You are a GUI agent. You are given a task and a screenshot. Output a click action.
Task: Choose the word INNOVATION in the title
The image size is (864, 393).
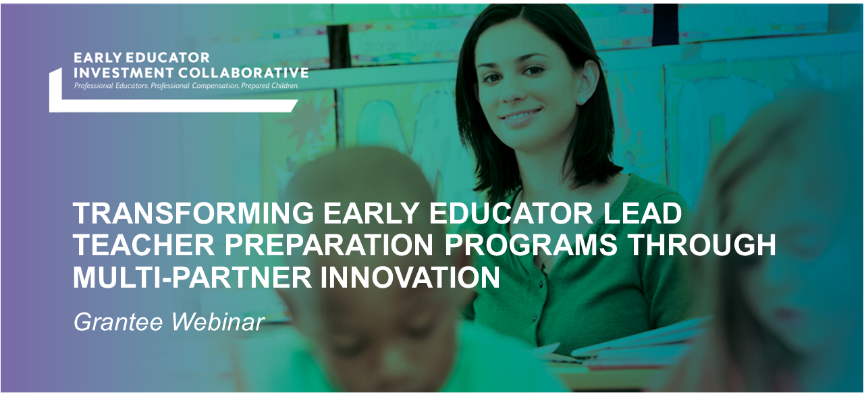410,278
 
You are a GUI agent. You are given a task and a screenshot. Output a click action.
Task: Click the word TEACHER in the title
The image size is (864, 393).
132,246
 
